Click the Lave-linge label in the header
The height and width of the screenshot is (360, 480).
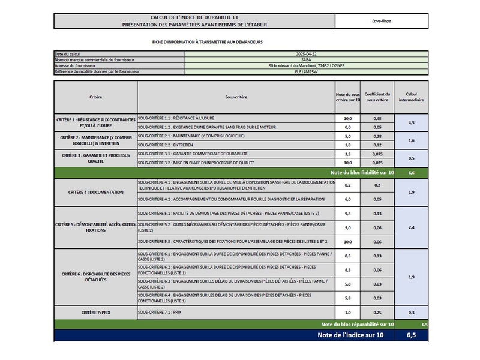click(x=381, y=20)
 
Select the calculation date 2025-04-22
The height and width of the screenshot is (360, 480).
click(x=306, y=54)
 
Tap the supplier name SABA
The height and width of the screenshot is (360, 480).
click(x=306, y=60)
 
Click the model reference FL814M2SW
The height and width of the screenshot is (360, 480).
click(x=306, y=71)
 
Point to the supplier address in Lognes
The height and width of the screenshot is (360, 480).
click(x=306, y=65)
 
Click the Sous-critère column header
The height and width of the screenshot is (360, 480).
click(x=236, y=97)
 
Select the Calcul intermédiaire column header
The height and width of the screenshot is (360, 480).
click(x=411, y=97)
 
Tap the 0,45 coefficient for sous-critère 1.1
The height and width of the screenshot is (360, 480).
click(x=377, y=119)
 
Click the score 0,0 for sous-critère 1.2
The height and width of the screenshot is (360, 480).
click(x=347, y=127)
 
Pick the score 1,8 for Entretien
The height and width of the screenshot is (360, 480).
click(x=347, y=145)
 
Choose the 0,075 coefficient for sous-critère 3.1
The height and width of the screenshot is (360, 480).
click(x=377, y=154)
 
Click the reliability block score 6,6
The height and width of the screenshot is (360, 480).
click(x=411, y=172)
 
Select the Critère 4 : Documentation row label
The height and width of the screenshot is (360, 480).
click(x=95, y=192)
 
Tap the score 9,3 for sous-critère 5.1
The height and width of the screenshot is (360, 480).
click(x=347, y=214)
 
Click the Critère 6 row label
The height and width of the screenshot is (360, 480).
click(x=95, y=277)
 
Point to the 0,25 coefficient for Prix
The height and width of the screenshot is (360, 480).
click(x=377, y=313)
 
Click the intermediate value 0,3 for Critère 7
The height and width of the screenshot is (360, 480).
click(x=411, y=313)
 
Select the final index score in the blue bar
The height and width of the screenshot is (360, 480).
click(x=411, y=335)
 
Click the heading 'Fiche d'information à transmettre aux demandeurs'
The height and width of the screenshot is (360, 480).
click(x=208, y=42)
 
